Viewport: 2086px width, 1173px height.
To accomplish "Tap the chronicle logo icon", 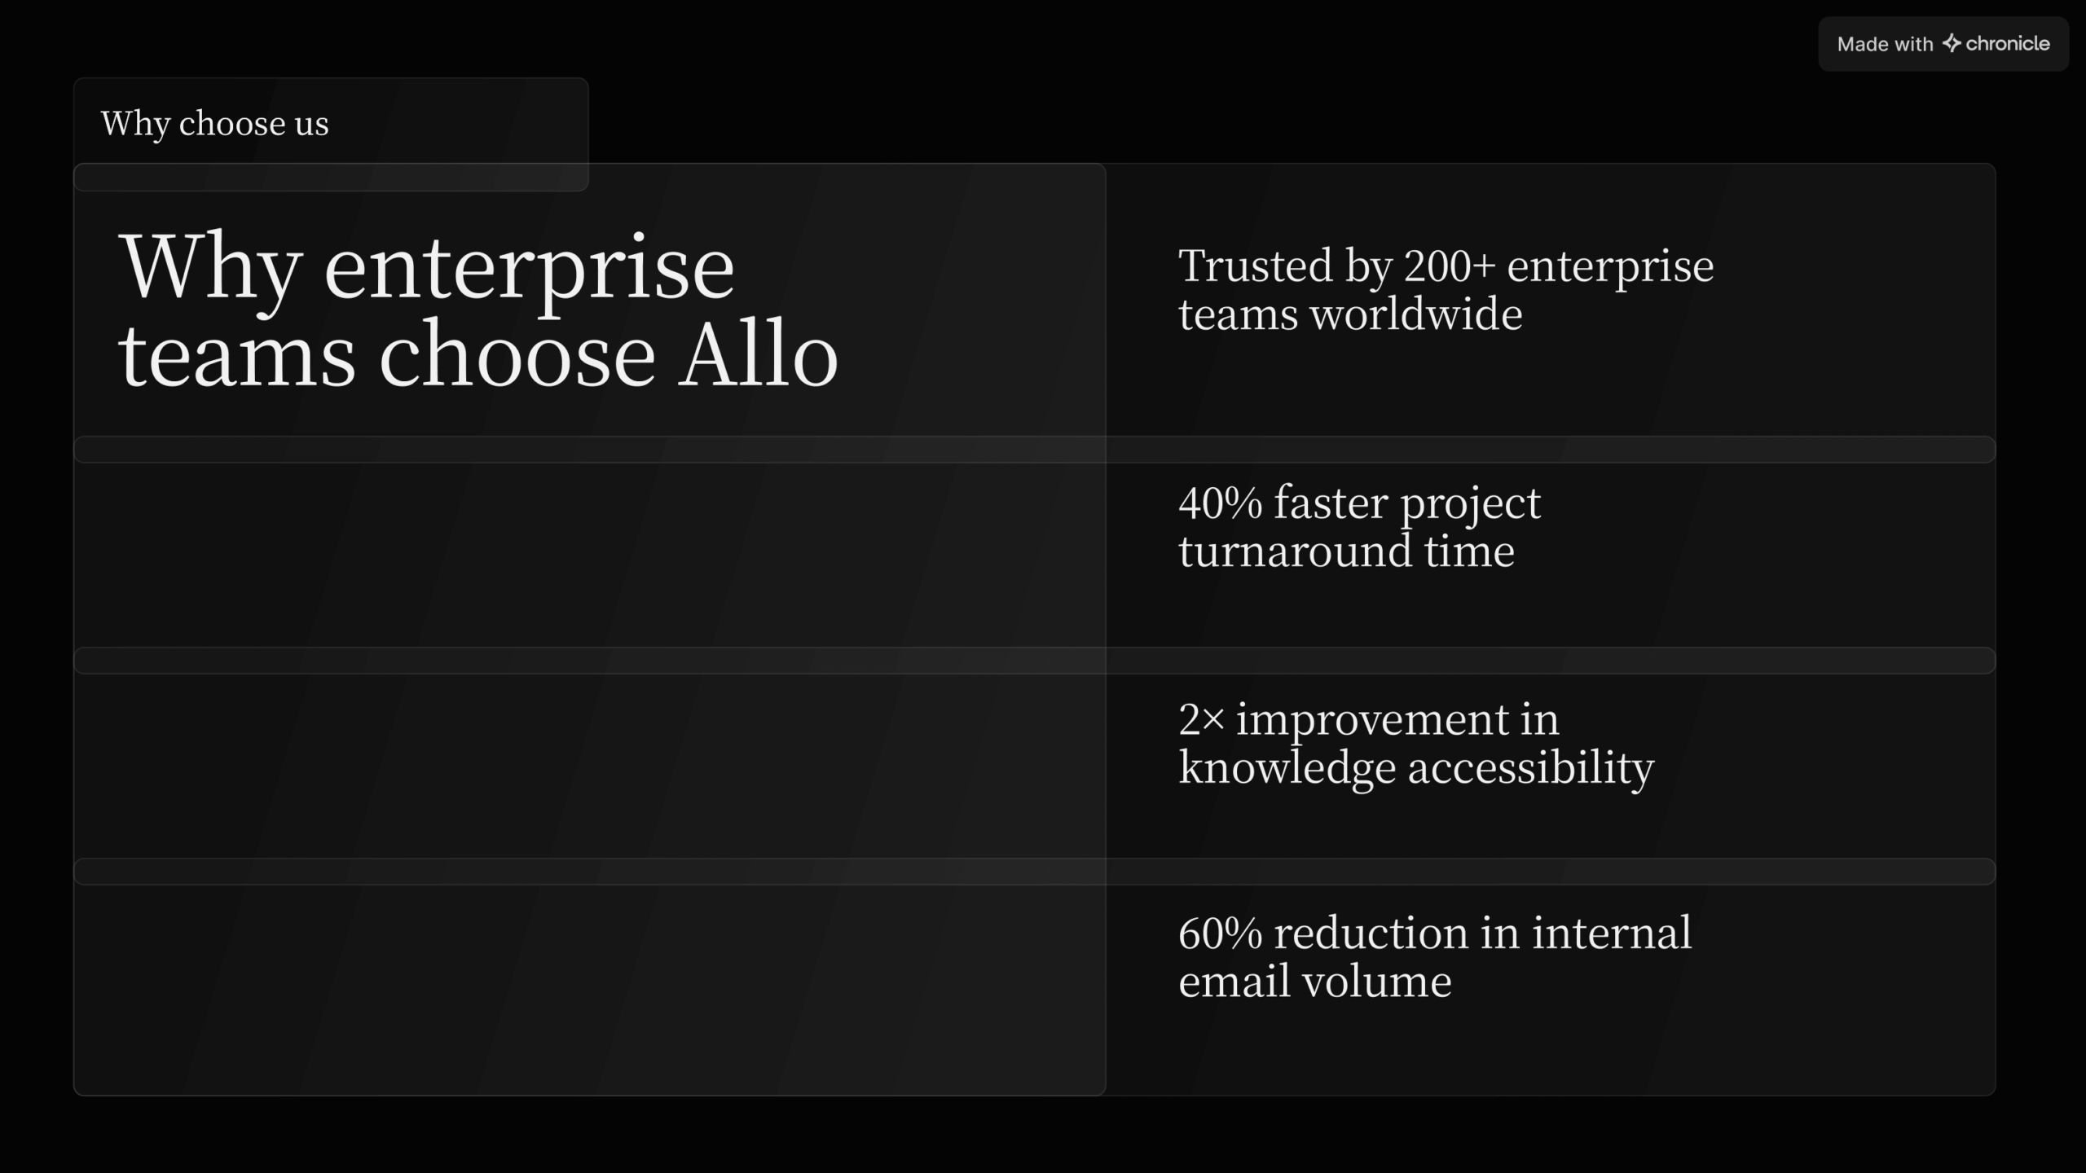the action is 1951,43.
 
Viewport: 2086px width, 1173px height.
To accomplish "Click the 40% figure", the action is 1220,503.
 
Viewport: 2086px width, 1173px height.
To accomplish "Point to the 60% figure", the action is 1220,933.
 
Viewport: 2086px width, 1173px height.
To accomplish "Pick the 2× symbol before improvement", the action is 1201,719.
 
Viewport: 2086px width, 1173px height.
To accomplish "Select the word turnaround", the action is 1295,551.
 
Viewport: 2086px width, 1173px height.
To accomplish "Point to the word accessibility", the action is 1531,768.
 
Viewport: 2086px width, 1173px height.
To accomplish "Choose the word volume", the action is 1377,981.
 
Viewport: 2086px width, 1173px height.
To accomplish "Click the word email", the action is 1234,981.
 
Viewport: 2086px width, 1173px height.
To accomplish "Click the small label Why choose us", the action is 215,124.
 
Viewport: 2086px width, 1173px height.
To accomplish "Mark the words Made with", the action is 1885,44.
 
